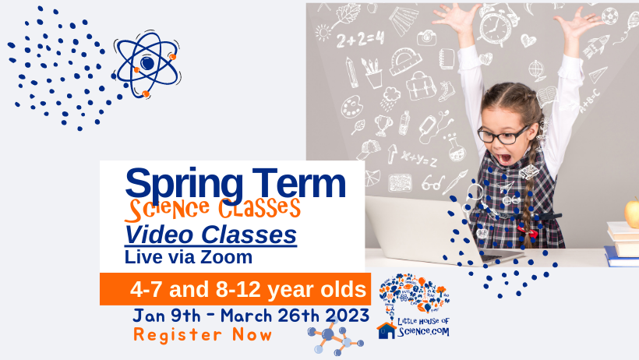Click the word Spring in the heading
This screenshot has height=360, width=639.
tap(184, 185)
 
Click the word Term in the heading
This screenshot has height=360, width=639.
tap(298, 182)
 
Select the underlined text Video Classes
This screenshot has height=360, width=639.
tap(210, 235)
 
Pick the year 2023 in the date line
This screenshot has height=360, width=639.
tap(348, 316)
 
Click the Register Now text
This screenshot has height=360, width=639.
tap(203, 335)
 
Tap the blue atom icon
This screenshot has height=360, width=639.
tap(147, 64)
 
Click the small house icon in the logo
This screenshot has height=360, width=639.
tap(387, 330)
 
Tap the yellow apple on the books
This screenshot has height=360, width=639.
tap(633, 213)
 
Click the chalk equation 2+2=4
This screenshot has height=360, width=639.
tap(360, 40)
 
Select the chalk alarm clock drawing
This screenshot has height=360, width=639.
tap(495, 25)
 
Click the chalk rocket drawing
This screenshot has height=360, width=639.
tap(596, 46)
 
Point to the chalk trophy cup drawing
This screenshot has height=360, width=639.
tap(383, 125)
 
